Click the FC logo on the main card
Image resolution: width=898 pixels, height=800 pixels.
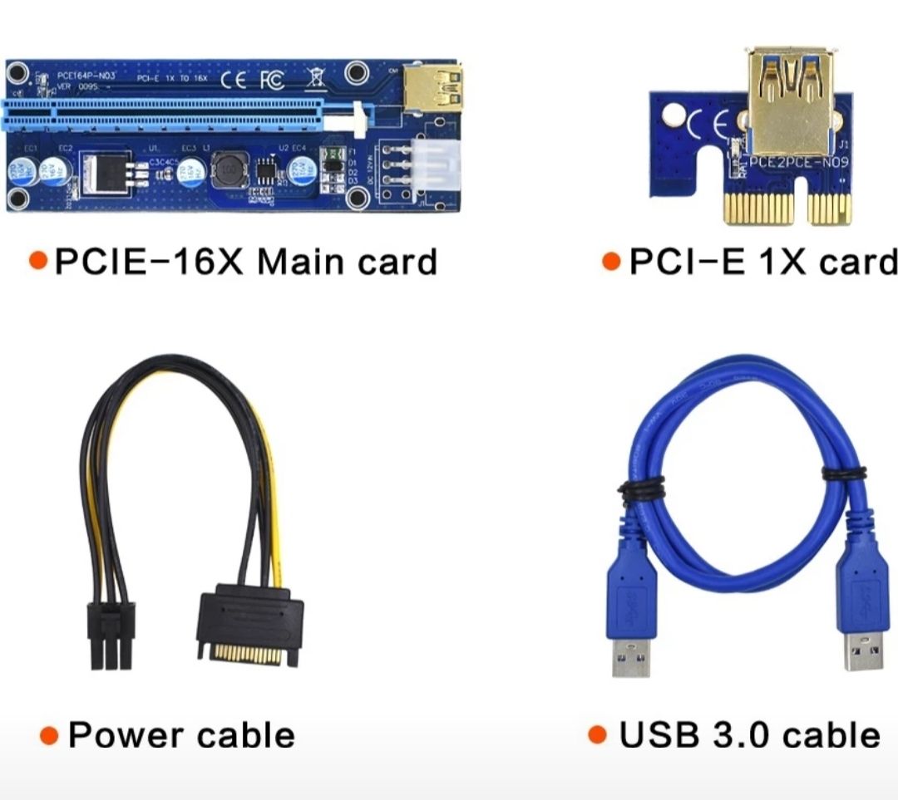click(272, 81)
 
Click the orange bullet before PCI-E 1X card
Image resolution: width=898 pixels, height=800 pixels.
click(611, 262)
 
